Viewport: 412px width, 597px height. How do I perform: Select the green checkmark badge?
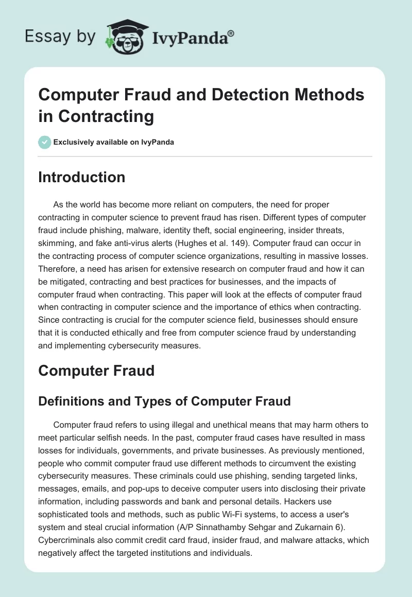(45, 142)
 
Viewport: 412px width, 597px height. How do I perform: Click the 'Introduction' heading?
(81, 177)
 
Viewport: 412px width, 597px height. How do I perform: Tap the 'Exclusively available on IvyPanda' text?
(114, 143)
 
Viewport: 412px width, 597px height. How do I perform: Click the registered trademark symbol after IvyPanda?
(231, 32)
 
